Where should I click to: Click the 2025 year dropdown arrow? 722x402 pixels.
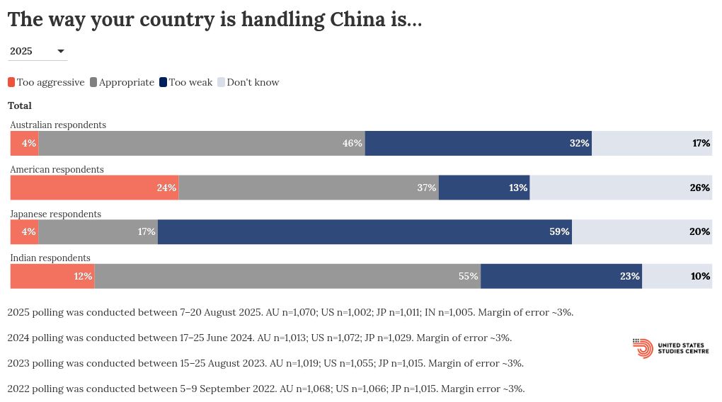point(61,51)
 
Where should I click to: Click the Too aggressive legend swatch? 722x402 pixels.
point(11,82)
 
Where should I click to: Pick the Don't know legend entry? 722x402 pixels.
point(253,82)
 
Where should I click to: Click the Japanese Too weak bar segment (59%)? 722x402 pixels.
point(365,231)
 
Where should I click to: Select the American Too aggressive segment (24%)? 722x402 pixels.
point(94,188)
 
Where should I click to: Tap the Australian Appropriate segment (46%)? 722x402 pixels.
point(202,143)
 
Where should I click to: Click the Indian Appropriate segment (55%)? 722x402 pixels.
point(287,276)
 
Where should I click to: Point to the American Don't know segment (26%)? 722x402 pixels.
point(621,188)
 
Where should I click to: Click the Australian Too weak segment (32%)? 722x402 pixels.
point(479,143)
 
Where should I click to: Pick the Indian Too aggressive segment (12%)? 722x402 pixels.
point(52,276)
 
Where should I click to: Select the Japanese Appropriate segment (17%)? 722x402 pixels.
point(98,231)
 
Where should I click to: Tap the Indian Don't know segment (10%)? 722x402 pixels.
point(677,276)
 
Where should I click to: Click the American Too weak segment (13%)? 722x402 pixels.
point(484,188)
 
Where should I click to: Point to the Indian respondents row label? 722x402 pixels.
point(50,258)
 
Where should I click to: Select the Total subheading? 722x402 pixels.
point(20,105)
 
